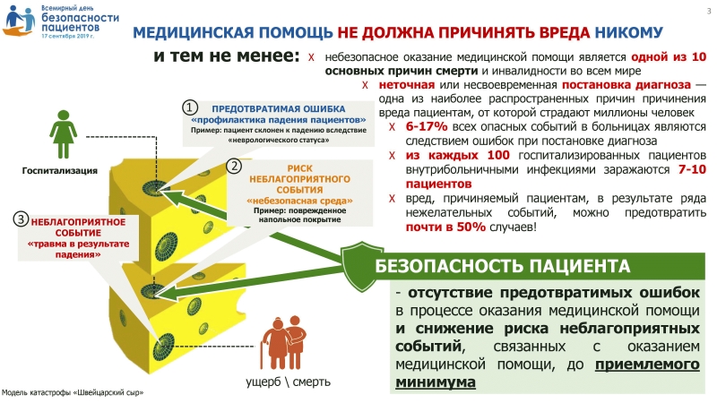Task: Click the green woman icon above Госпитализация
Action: click(x=63, y=134)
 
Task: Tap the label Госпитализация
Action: click(x=60, y=171)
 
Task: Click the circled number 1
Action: click(x=190, y=107)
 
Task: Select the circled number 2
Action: click(x=234, y=166)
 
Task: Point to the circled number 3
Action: click(x=21, y=219)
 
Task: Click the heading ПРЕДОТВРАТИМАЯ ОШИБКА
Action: click(x=279, y=109)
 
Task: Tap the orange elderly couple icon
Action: click(x=283, y=342)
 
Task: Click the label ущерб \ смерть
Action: click(x=288, y=382)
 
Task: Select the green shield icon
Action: click(x=362, y=266)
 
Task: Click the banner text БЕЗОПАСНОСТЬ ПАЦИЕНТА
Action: click(x=503, y=266)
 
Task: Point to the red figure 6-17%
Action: click(x=427, y=126)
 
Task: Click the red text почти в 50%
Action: click(x=445, y=227)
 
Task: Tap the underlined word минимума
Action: click(x=436, y=382)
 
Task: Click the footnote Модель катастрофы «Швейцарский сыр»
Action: click(x=73, y=393)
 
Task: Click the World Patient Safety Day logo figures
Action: click(x=20, y=21)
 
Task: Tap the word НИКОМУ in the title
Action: click(x=629, y=32)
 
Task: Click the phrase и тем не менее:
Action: click(x=227, y=56)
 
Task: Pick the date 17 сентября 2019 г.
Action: click(x=67, y=36)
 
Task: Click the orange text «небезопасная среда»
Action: click(x=299, y=201)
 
